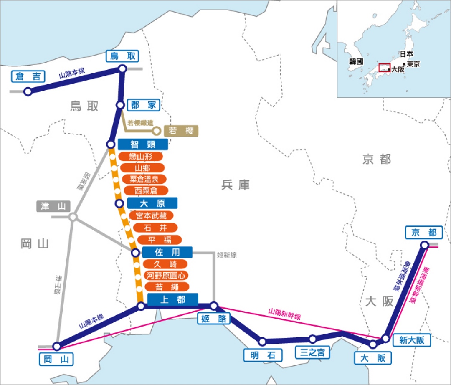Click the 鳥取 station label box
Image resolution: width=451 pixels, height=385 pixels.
point(122,56)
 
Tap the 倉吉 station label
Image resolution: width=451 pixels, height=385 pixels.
point(28,76)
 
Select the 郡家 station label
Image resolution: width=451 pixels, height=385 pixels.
point(143,105)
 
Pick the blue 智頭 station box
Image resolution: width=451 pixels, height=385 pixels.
point(143,144)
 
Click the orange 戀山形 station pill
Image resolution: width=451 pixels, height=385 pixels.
point(141,157)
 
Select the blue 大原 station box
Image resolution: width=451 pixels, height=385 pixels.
point(152,203)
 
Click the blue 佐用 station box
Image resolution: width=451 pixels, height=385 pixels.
point(167,252)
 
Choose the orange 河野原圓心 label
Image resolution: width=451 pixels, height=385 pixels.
point(165,276)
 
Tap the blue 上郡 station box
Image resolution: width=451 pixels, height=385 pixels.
point(172,299)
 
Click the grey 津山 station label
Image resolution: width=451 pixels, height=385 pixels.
point(54,206)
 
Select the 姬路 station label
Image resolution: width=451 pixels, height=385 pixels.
point(213,319)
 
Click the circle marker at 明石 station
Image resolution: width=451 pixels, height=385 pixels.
point(262,342)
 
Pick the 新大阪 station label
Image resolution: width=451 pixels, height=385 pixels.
point(411,340)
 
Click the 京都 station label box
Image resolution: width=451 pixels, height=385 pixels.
point(423,233)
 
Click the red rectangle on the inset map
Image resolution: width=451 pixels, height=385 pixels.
point(384,68)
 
